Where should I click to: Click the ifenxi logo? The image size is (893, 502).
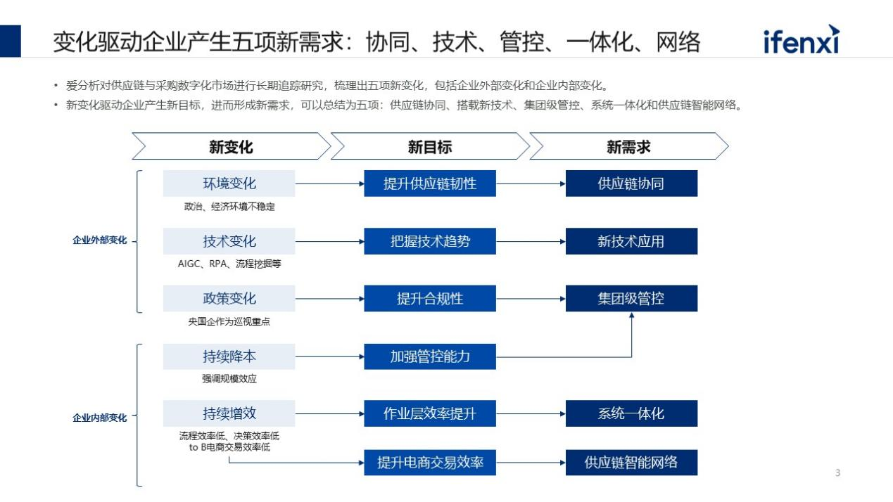click(802, 40)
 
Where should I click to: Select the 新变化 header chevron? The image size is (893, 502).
click(232, 146)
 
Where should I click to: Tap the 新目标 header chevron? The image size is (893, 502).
click(430, 146)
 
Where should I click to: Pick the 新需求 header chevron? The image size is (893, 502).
click(628, 146)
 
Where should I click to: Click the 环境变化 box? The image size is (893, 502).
click(229, 184)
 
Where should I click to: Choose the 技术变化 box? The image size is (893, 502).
click(229, 241)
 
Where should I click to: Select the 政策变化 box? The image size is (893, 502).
click(229, 298)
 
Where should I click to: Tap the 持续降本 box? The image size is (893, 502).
click(229, 356)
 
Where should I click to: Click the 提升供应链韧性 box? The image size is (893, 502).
click(430, 184)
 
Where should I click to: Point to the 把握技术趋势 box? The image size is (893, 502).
click(430, 241)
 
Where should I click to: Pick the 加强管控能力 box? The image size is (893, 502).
click(430, 356)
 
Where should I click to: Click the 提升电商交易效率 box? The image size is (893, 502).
click(430, 463)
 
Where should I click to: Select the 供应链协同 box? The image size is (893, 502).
click(631, 184)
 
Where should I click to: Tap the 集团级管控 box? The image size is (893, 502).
click(631, 298)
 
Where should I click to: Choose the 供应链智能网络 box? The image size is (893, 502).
click(631, 463)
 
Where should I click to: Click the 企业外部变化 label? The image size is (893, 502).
click(100, 240)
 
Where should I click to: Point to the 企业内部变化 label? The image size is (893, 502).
click(100, 418)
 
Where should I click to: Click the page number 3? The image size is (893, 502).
click(837, 473)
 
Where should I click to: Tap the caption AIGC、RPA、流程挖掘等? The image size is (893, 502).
click(229, 264)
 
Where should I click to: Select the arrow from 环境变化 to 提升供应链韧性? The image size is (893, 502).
click(330, 184)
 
